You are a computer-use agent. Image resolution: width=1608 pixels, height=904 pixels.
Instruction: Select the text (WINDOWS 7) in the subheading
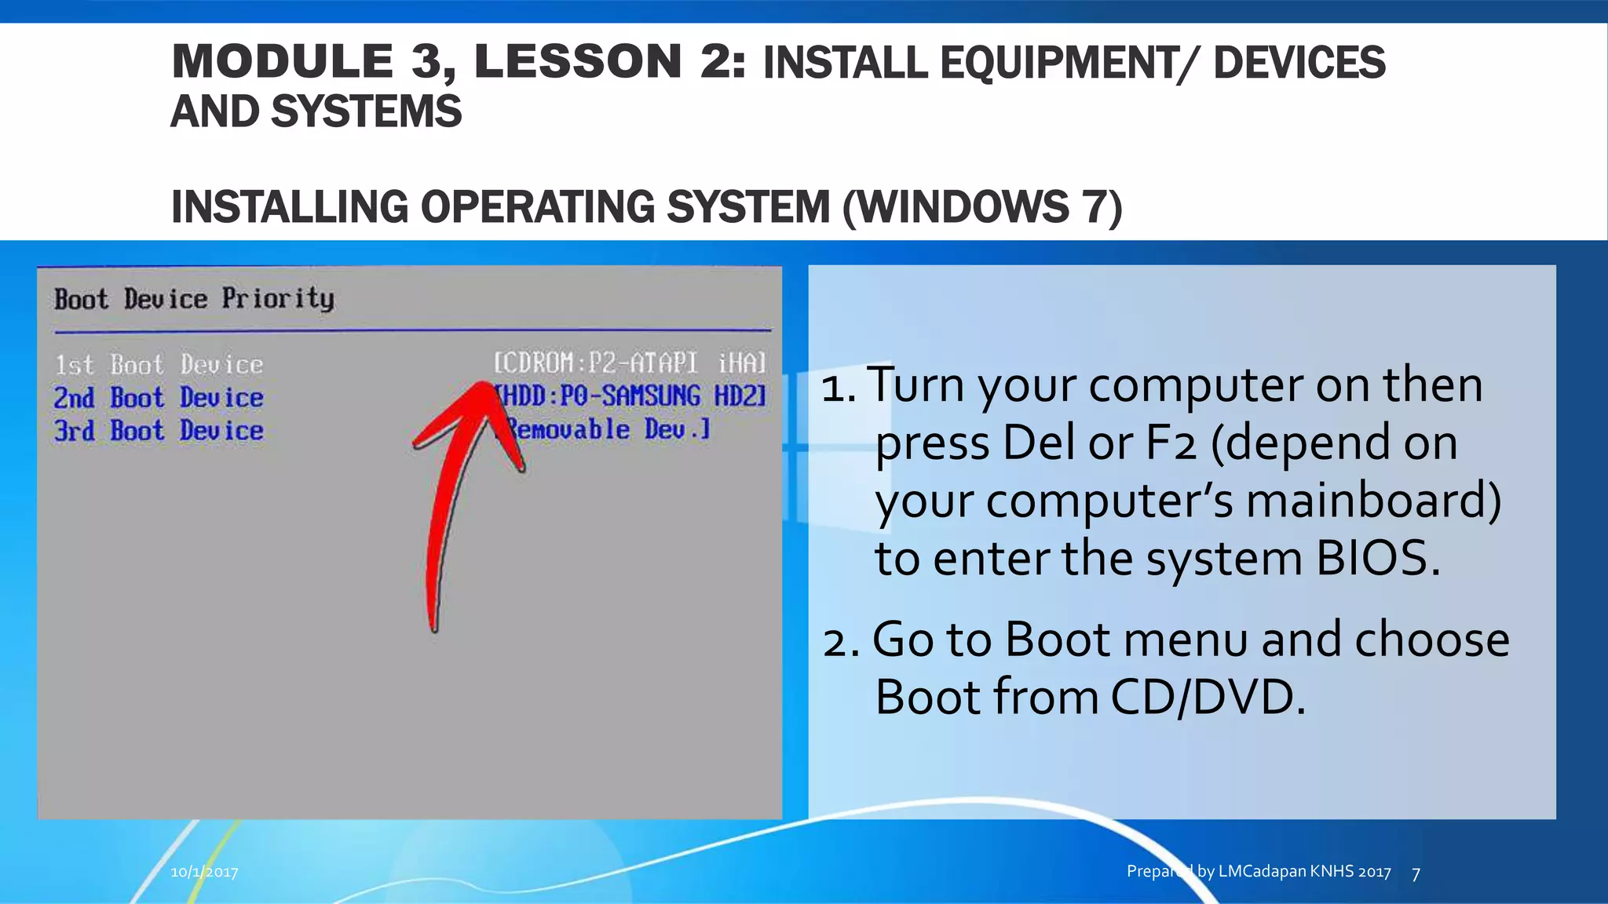[982, 207]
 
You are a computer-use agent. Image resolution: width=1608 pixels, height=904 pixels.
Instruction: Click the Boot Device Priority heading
[194, 299]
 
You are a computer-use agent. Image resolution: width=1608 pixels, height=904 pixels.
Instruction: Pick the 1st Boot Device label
[159, 365]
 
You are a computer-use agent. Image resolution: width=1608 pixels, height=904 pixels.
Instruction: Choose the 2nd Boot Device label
[159, 398]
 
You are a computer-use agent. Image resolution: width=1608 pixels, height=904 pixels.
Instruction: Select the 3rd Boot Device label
[159, 431]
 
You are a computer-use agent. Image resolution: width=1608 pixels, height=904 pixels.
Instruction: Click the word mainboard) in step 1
[1374, 501]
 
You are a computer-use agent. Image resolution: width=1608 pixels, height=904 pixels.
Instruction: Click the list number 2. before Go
[841, 640]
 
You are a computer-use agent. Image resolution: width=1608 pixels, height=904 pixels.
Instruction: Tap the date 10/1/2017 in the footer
[204, 872]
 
